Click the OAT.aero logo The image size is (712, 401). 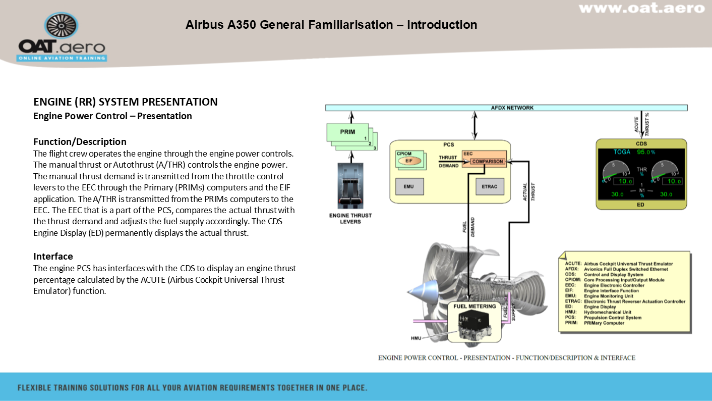coord(62,38)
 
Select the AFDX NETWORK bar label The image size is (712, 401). coord(512,108)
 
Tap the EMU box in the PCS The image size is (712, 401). coord(408,187)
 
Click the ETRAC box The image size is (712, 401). coord(489,187)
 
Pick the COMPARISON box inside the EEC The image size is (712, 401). coord(487,162)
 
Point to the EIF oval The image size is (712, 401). coord(409,161)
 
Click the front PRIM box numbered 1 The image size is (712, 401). coord(348,132)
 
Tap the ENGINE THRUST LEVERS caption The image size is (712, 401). coord(350,218)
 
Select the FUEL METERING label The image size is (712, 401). coord(474,306)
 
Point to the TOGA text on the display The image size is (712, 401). coord(622,152)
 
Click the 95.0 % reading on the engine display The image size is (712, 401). coord(646,152)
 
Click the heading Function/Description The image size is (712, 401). coord(80,141)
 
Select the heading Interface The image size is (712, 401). coord(53,256)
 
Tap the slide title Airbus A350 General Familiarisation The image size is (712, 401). coord(331,25)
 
